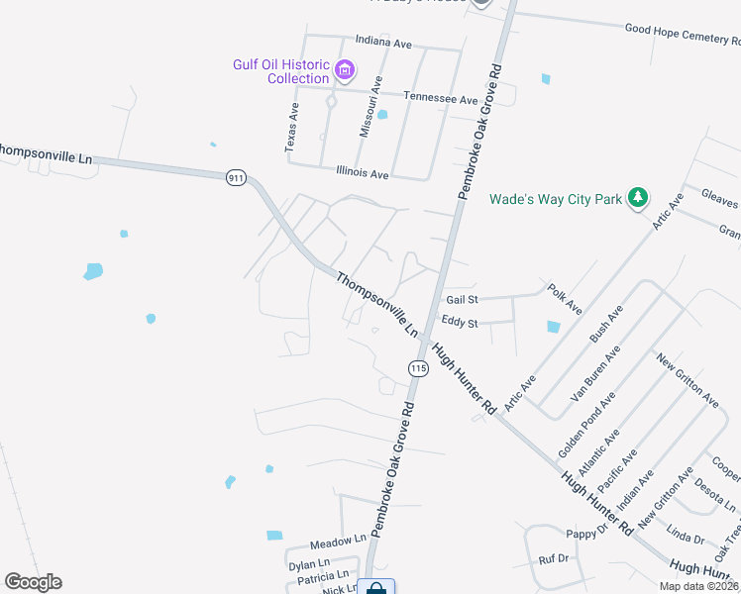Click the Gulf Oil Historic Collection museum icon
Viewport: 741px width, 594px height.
pos(345,69)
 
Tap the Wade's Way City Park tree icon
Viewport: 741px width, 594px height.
pos(639,199)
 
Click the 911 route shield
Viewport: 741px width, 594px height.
pos(235,177)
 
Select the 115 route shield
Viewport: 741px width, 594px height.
pos(417,368)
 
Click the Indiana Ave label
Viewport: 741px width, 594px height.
pos(382,44)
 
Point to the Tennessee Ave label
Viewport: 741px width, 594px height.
pos(442,98)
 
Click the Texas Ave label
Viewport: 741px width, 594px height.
pos(291,126)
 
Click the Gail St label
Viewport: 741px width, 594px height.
pos(462,299)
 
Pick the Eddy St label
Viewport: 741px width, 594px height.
pos(460,323)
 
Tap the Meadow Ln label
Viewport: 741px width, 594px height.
pos(338,544)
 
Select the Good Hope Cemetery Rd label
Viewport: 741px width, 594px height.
pos(682,35)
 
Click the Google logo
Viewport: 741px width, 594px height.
pos(33,581)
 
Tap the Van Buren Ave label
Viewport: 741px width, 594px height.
pos(594,371)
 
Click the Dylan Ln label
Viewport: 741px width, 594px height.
pos(308,565)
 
